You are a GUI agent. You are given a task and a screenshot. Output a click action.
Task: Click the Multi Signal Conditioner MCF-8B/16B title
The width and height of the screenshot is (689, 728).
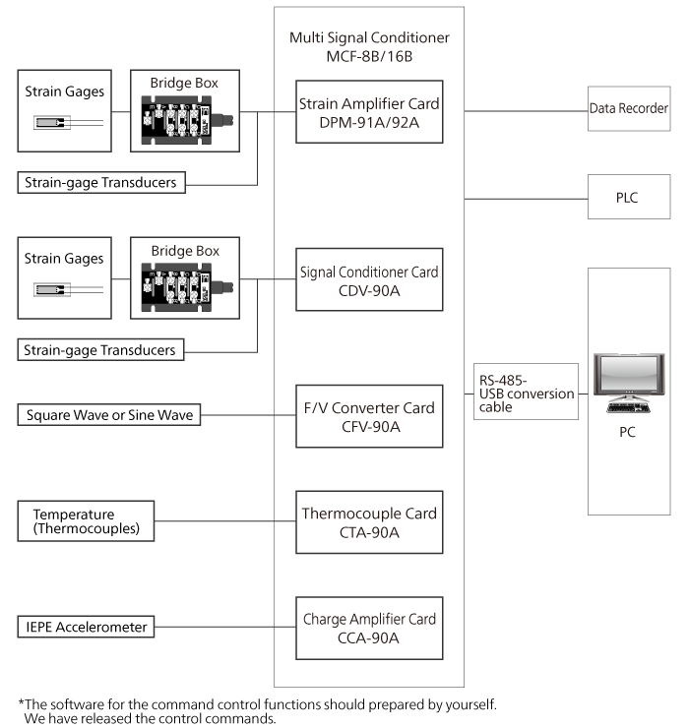coord(369,46)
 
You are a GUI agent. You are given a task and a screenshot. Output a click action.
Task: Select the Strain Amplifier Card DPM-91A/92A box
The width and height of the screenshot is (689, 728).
coord(369,111)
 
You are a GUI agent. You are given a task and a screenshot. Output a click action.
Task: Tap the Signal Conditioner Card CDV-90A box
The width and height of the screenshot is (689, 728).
coord(369,279)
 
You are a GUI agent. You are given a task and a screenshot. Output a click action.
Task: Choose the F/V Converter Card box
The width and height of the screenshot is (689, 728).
coord(369,415)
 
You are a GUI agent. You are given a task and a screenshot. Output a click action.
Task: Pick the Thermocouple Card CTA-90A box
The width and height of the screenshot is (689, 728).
coord(369,521)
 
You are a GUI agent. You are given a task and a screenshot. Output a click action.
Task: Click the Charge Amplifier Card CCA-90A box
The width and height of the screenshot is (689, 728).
coord(369,627)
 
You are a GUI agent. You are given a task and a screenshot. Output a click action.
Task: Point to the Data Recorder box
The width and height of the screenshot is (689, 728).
coord(628,108)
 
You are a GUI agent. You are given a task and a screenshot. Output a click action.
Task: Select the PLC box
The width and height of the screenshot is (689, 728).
coord(628,198)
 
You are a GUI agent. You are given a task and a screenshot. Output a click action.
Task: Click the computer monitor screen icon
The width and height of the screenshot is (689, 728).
coord(627,376)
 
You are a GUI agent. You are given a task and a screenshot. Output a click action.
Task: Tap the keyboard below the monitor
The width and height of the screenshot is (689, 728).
coord(627,406)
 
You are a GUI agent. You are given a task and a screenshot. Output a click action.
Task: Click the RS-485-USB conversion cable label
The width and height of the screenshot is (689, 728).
coord(527,394)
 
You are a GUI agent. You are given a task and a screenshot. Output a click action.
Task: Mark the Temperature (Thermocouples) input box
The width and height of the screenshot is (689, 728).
coord(87,521)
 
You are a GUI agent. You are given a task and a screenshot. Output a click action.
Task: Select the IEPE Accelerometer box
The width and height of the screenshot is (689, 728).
coord(87,627)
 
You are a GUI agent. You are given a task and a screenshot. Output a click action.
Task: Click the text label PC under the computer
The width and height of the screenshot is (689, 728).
coord(627,432)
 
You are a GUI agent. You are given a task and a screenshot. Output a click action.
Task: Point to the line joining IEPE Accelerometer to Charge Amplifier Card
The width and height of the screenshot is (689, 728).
coord(224,627)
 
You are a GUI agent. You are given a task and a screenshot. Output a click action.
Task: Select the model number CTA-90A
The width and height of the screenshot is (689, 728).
coord(369,532)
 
